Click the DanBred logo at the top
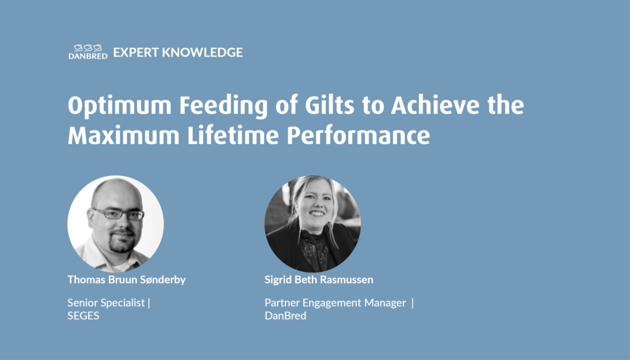point(87,52)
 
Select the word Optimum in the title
point(120,106)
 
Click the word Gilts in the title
point(330,105)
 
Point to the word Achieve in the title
point(435,105)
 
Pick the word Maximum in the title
point(123,135)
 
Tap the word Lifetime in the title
point(233,135)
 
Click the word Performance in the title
point(358,135)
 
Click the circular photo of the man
point(116,224)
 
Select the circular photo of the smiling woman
point(313,224)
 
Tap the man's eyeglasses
point(117,214)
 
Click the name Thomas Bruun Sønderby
point(127,279)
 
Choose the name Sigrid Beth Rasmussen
point(319,279)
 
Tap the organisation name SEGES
point(83,316)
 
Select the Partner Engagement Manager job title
point(335,303)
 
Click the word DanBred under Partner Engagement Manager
point(285,316)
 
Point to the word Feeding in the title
point(223,106)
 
